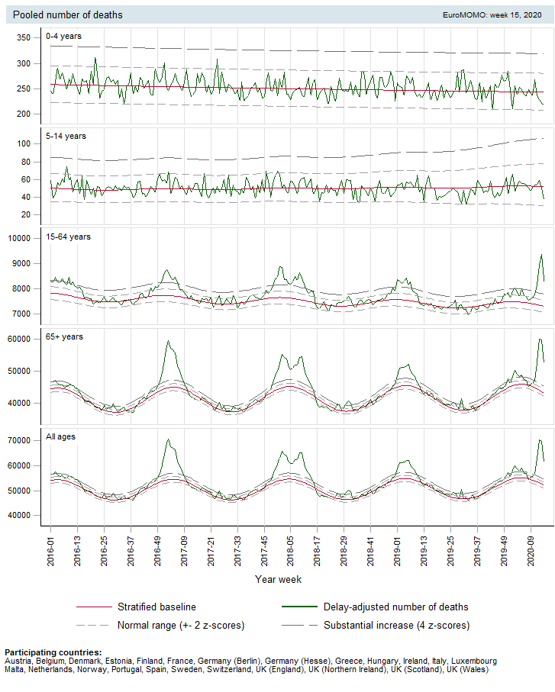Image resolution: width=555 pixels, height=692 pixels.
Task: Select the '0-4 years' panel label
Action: click(63, 36)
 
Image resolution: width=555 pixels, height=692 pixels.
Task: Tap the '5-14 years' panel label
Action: click(66, 136)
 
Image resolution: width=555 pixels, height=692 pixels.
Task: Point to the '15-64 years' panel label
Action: click(68, 237)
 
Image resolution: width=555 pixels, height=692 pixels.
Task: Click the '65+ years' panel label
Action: click(64, 336)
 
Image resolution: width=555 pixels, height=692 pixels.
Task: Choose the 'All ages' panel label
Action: click(61, 437)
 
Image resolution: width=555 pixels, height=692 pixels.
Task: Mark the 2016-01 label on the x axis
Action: click(51, 549)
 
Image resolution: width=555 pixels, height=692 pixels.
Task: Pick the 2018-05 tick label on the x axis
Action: click(291, 549)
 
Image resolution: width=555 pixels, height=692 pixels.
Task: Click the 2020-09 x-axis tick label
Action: click(531, 549)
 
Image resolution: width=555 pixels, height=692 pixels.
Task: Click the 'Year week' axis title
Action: click(279, 579)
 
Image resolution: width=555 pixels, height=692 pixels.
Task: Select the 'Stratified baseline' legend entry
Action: click(156, 607)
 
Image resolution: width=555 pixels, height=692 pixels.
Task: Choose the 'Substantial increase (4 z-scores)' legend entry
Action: click(396, 626)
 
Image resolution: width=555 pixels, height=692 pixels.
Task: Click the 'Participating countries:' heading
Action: click(53, 652)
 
